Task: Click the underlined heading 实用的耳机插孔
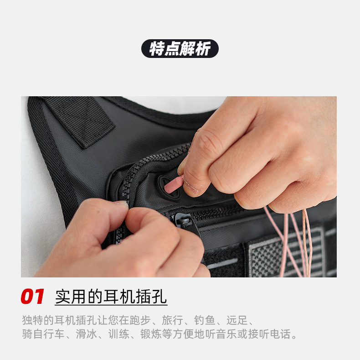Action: (111, 297)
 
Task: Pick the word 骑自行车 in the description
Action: (44, 334)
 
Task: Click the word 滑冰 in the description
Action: (86, 334)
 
